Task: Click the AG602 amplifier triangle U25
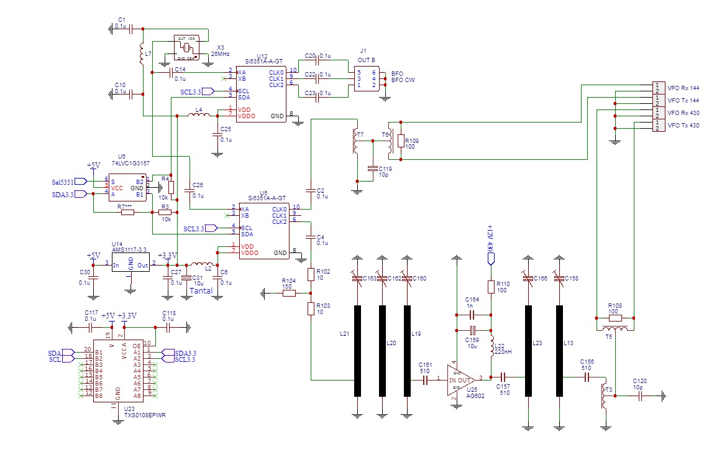(459, 379)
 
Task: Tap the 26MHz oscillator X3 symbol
(187, 48)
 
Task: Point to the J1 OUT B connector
(366, 79)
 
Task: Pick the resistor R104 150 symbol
(288, 292)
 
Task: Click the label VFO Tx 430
(683, 126)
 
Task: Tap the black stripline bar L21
(357, 350)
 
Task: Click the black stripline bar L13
(558, 350)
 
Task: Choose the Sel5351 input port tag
(63, 182)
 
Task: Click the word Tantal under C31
(201, 290)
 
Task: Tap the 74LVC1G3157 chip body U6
(129, 185)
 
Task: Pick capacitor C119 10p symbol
(372, 169)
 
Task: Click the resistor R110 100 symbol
(490, 287)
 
